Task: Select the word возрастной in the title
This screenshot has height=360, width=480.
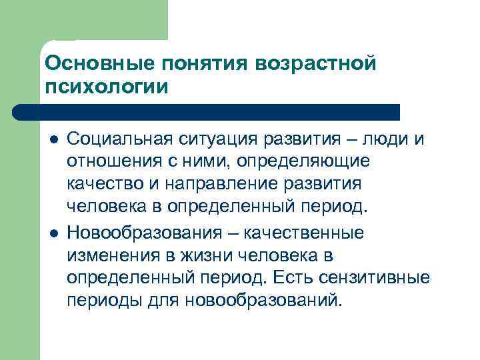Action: [x=315, y=63]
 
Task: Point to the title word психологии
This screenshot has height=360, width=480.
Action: [x=106, y=87]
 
